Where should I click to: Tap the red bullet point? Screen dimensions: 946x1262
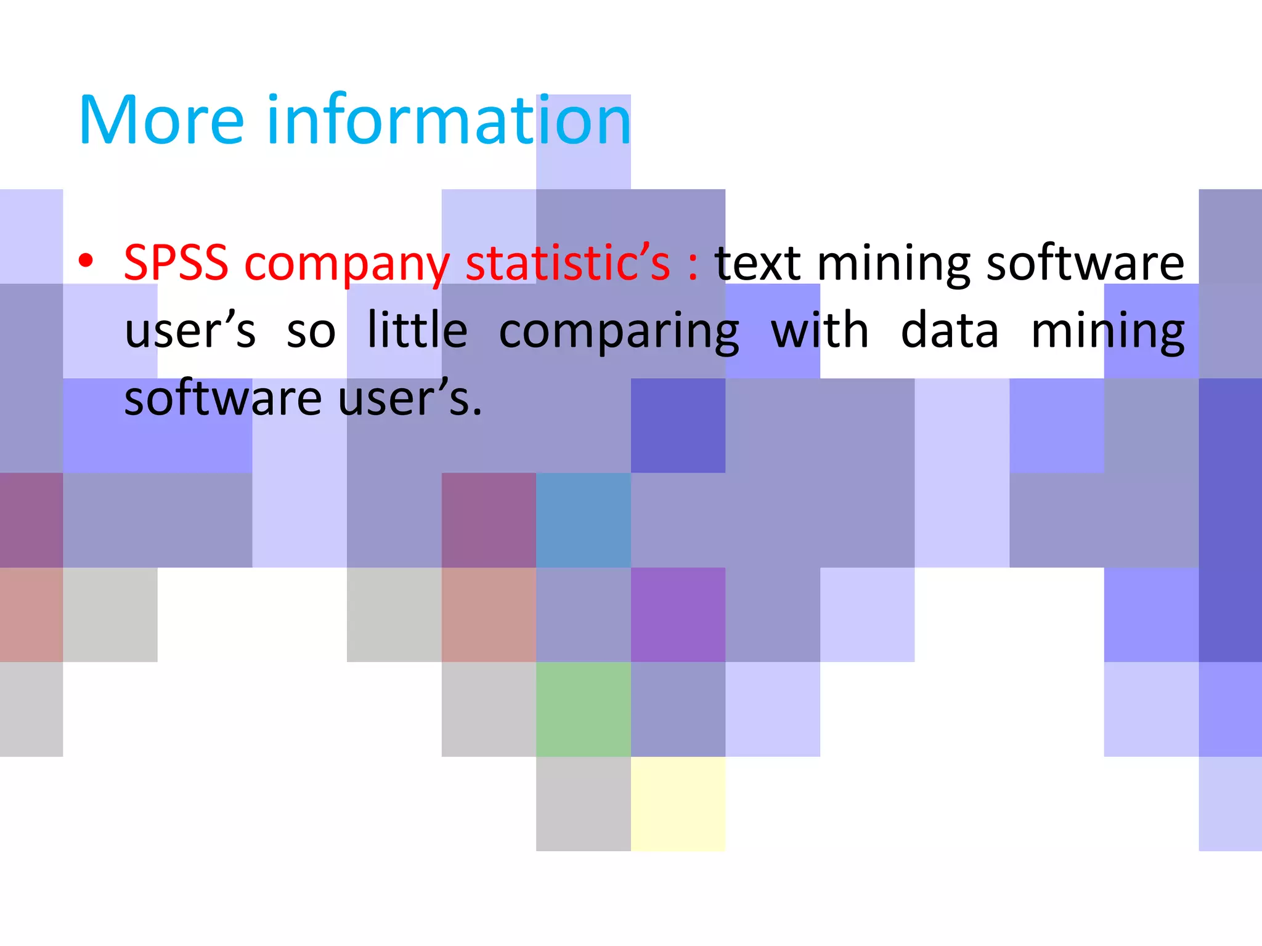86,261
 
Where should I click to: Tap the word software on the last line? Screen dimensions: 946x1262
223,398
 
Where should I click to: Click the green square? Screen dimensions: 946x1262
583,709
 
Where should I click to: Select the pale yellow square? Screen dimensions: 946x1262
678,804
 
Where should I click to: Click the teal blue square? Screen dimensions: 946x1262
583,520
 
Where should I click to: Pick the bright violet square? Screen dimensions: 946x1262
678,615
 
